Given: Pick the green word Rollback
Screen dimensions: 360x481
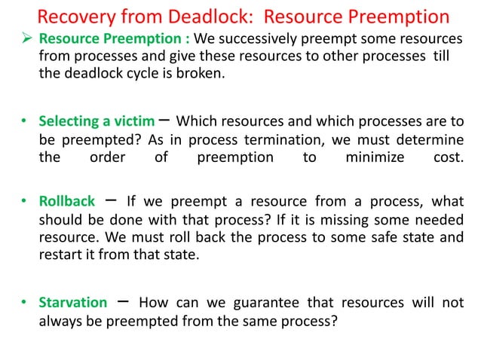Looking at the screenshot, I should coord(67,202).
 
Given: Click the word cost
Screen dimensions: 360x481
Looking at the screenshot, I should coord(449,157).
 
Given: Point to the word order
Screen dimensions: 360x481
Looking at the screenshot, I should coord(107,157).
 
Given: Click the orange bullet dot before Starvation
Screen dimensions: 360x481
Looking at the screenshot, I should coord(24,304).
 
